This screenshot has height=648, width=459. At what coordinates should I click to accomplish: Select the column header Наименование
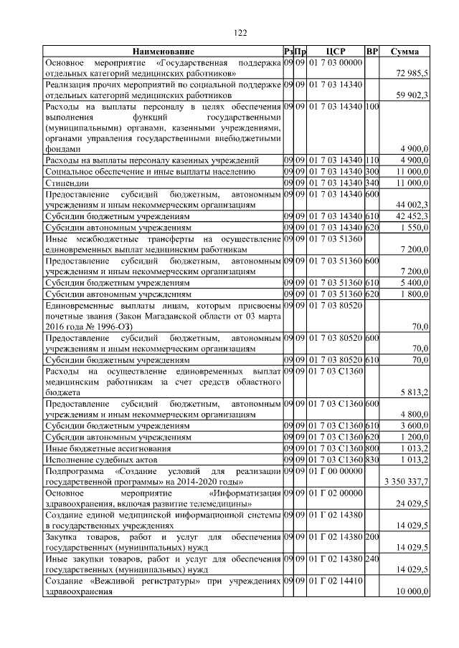click(x=162, y=52)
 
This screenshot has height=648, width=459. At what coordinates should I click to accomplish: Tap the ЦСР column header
click(x=336, y=52)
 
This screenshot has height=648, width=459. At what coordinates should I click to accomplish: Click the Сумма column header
click(x=404, y=52)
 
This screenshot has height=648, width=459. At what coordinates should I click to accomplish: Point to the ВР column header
click(x=372, y=52)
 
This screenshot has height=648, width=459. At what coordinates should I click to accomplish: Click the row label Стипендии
click(x=65, y=183)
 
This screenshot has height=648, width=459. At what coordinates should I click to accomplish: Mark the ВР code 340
click(x=372, y=183)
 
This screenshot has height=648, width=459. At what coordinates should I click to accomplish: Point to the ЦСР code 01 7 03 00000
click(x=336, y=62)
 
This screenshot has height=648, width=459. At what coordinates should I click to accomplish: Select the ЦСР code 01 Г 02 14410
click(x=336, y=581)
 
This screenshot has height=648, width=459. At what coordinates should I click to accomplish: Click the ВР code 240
click(x=372, y=558)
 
